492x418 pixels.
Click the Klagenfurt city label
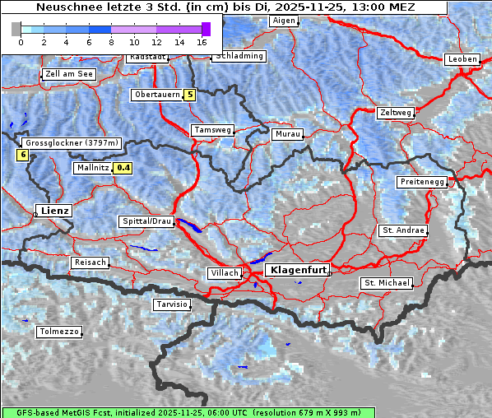pyautogui.click(x=299, y=270)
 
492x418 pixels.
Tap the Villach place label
pyautogui.click(x=224, y=272)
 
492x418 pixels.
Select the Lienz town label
pyautogui.click(x=54, y=211)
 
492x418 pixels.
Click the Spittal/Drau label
pyautogui.click(x=146, y=221)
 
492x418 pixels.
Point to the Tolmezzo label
pyautogui.click(x=59, y=332)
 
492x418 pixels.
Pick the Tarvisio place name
pyautogui.click(x=171, y=304)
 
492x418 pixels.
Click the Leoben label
pyautogui.click(x=462, y=59)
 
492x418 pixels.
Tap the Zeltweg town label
pyautogui.click(x=394, y=112)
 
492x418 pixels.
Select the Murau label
pyautogui.click(x=288, y=133)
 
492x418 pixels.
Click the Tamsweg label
pyautogui.click(x=212, y=130)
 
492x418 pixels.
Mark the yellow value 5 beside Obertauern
pyautogui.click(x=190, y=95)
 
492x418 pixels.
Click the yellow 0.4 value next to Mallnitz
pyautogui.click(x=123, y=168)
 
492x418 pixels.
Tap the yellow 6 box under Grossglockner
pyautogui.click(x=22, y=155)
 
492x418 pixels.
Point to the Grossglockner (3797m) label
pyautogui.click(x=72, y=143)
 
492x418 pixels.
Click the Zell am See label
pyautogui.click(x=69, y=74)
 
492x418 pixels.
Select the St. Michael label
pyautogui.click(x=387, y=283)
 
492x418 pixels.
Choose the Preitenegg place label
pyautogui.click(x=422, y=181)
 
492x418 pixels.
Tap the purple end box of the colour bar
pyautogui.click(x=206, y=29)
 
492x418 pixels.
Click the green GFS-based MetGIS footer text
pyautogui.click(x=181, y=412)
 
